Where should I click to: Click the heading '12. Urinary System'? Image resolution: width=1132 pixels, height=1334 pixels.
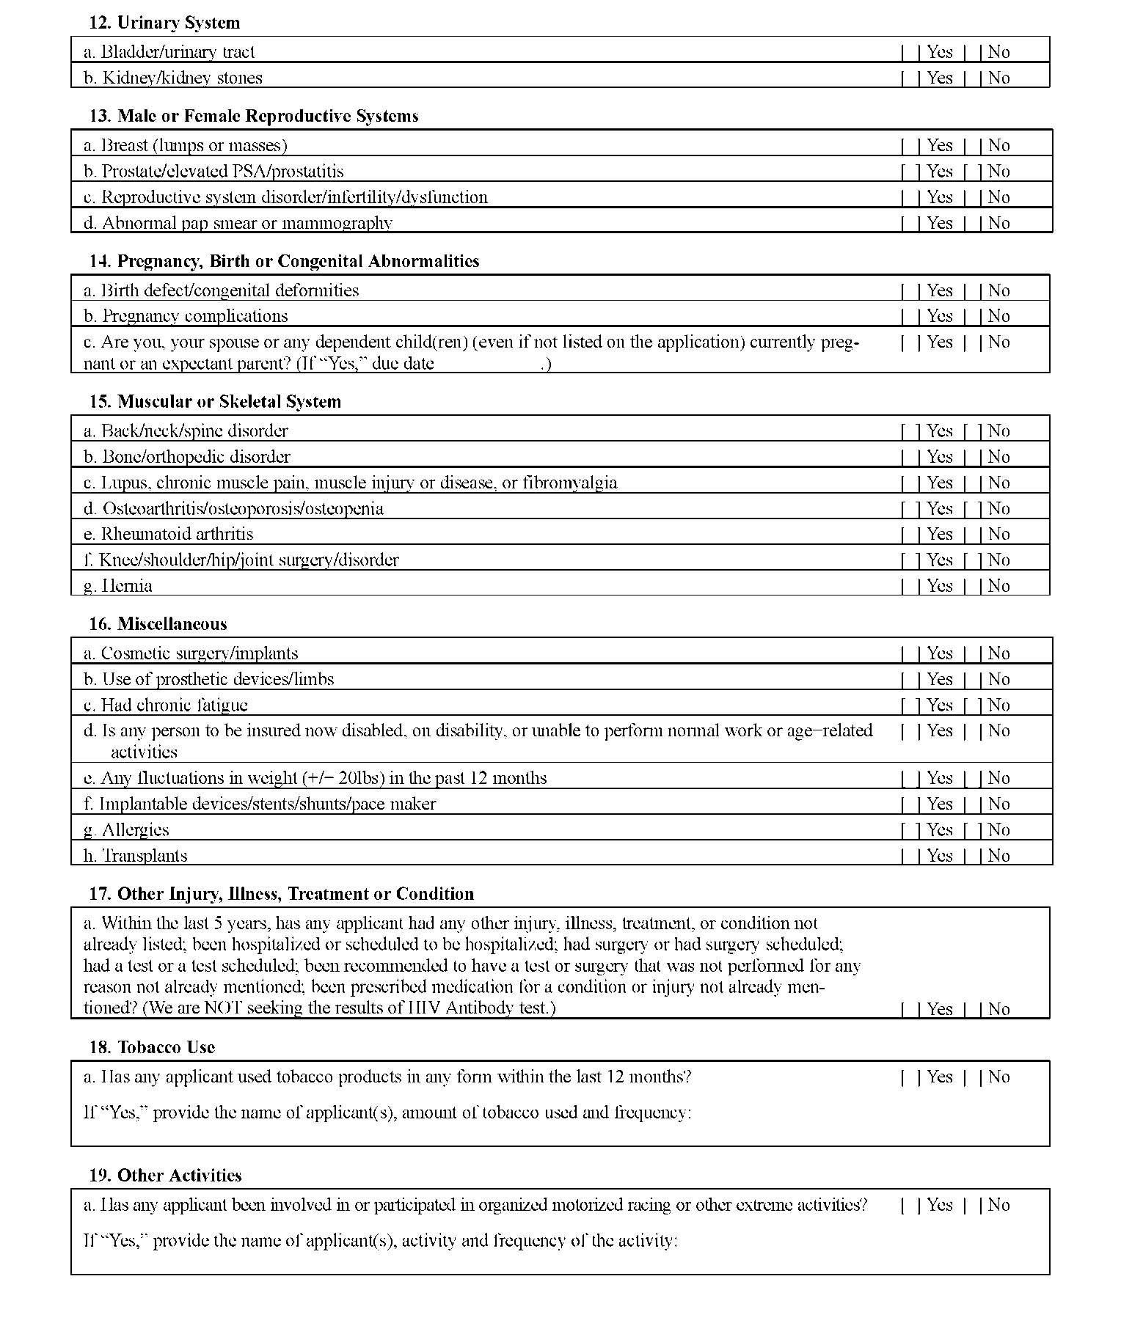coord(164,23)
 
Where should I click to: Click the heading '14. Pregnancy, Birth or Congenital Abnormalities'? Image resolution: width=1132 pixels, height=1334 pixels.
coord(284,261)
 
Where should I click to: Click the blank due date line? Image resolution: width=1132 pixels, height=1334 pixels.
coord(487,364)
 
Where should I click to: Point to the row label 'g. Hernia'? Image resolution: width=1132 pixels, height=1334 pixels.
coord(117,585)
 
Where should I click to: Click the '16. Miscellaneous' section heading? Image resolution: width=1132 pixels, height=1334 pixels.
coord(158,624)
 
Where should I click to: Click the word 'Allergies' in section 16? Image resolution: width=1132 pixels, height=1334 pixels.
coord(135,829)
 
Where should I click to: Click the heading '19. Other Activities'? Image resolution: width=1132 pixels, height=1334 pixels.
coord(165,1175)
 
